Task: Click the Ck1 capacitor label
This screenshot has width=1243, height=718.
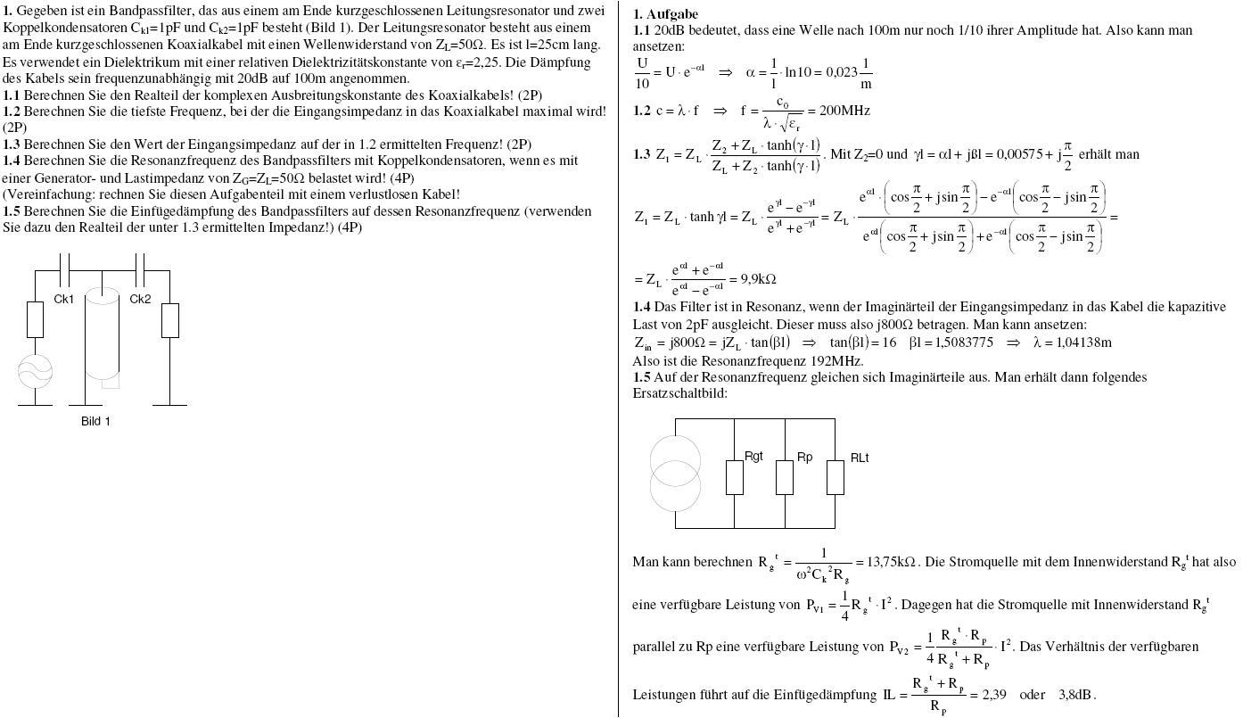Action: pos(64,299)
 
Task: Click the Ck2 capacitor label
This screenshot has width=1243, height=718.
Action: pos(140,299)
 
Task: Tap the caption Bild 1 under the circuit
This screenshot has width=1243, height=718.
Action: pos(95,421)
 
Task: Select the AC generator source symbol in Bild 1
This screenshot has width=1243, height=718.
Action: pos(35,370)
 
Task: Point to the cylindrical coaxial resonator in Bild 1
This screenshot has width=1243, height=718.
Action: pos(102,334)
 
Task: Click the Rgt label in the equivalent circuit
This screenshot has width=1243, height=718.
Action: pos(754,457)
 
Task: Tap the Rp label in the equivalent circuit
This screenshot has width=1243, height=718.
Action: pos(804,457)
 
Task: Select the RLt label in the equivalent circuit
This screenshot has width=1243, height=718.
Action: pos(859,458)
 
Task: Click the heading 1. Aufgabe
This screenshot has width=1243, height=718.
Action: pos(665,14)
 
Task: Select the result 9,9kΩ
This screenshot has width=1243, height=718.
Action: pos(758,279)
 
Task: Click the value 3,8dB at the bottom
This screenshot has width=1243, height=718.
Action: pos(1076,694)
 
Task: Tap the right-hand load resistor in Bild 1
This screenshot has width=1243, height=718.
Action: pos(169,320)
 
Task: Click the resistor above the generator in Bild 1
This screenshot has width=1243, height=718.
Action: pos(35,319)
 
